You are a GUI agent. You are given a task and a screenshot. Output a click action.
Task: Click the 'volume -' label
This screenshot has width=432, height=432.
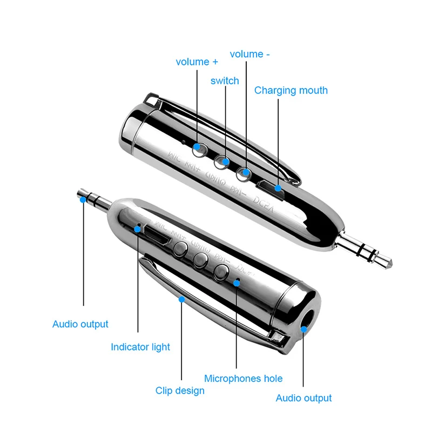(x=249, y=54)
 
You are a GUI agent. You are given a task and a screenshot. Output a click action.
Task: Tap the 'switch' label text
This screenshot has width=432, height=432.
(x=225, y=81)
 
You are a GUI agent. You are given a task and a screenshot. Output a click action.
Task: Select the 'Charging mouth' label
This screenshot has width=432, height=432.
(x=291, y=90)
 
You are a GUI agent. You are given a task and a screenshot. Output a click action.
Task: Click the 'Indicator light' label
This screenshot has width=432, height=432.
(x=140, y=347)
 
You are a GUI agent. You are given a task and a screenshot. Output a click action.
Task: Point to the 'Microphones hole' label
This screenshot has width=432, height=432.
(x=243, y=379)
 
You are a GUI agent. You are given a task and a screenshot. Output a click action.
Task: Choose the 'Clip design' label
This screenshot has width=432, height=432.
(x=180, y=390)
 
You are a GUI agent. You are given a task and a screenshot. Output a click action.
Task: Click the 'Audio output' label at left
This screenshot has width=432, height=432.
(x=80, y=324)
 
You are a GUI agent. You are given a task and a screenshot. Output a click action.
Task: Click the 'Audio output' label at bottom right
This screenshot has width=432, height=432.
(x=303, y=399)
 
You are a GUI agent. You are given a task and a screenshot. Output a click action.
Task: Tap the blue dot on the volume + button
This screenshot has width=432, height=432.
(x=197, y=146)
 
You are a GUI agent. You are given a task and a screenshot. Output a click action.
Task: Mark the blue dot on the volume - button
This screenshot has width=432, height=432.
(x=246, y=173)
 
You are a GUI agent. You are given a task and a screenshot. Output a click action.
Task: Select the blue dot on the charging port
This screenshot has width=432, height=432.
(x=279, y=188)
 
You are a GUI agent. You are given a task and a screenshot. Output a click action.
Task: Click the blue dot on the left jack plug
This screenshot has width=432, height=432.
(x=83, y=200)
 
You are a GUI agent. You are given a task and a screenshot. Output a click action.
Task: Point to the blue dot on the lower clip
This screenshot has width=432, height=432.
(x=182, y=298)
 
